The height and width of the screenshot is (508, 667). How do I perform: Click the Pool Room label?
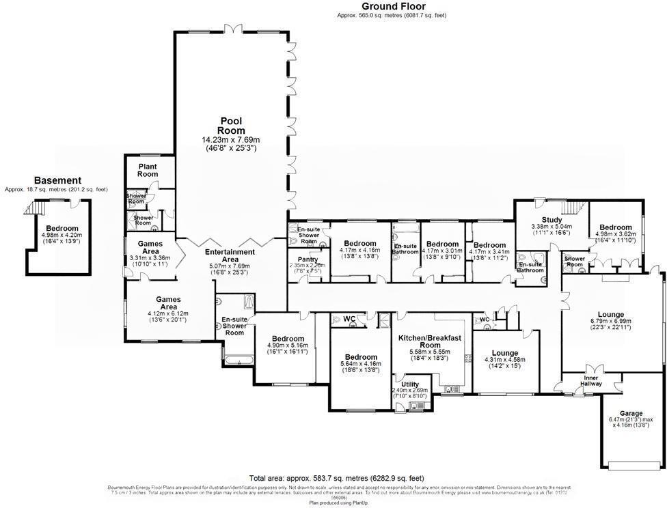231,126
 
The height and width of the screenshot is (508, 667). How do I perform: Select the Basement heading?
57,180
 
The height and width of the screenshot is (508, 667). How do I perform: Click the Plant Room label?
148,170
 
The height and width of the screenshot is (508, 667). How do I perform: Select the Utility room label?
411,385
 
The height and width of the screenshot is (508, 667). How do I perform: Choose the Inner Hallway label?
592,380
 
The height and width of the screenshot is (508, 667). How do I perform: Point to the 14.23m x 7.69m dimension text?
231,140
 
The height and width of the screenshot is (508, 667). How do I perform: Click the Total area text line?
337,478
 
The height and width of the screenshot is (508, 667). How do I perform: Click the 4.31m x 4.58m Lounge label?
505,353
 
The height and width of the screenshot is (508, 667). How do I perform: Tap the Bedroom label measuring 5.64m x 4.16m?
361,357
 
